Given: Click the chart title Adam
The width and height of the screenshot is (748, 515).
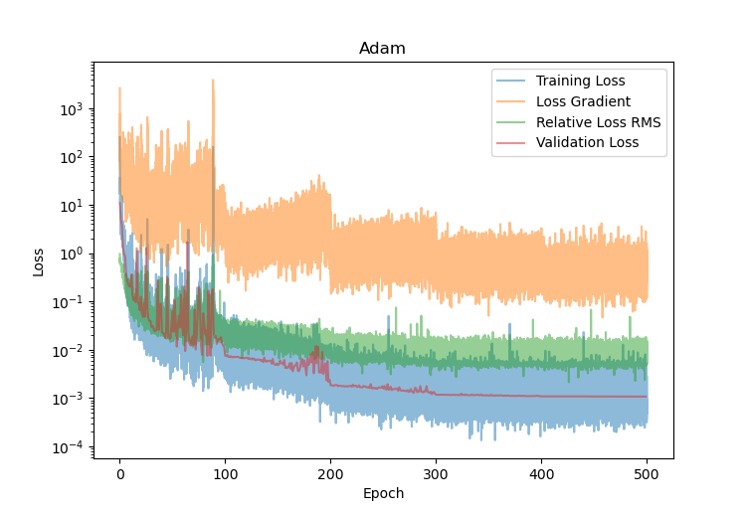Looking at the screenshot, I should click(383, 49).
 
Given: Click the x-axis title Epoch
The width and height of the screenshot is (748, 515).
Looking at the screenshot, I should click(383, 492).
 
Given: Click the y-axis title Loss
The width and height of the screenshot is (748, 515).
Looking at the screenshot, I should click(39, 260).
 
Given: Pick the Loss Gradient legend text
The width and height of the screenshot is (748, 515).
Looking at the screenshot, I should click(583, 101).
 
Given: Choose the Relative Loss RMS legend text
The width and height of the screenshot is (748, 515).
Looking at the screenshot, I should click(598, 122).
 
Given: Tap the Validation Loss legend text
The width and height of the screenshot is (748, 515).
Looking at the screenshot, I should click(587, 143).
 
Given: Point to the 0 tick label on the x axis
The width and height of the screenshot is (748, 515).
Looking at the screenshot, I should click(119, 473).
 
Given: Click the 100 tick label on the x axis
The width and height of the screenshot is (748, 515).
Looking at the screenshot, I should click(225, 473).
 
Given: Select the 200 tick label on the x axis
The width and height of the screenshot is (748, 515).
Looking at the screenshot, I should click(330, 473).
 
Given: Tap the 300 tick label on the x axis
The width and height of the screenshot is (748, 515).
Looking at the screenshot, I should click(436, 473).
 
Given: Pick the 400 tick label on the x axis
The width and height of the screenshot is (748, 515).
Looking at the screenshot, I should click(541, 473).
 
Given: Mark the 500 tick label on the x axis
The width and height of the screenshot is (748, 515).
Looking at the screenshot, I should click(647, 473).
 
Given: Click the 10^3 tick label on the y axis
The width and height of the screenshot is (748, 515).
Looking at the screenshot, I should click(72, 108).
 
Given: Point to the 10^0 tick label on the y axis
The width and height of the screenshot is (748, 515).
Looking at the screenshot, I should click(72, 254).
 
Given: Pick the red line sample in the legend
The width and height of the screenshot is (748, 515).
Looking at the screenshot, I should click(512, 143).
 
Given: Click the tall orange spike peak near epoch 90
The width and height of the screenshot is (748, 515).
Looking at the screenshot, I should click(213, 81).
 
